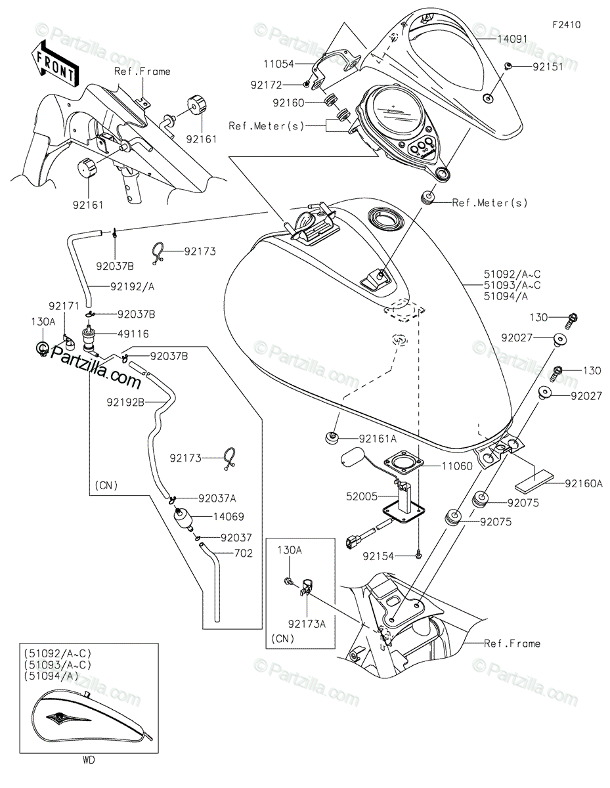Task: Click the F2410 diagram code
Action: [566, 25]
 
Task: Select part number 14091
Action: [512, 39]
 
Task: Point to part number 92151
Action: [548, 66]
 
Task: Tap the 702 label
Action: [243, 554]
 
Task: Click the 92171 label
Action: [64, 307]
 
